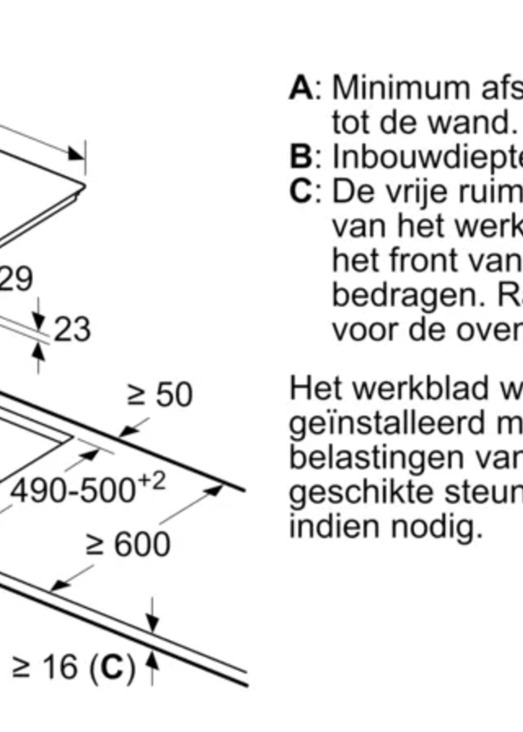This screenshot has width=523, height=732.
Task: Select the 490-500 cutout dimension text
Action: pyautogui.click(x=72, y=491)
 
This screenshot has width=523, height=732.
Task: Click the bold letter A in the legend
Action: pyautogui.click(x=301, y=88)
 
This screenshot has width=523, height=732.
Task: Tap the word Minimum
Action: pyautogui.click(x=401, y=88)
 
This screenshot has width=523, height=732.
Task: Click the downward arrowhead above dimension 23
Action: pyautogui.click(x=39, y=320)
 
